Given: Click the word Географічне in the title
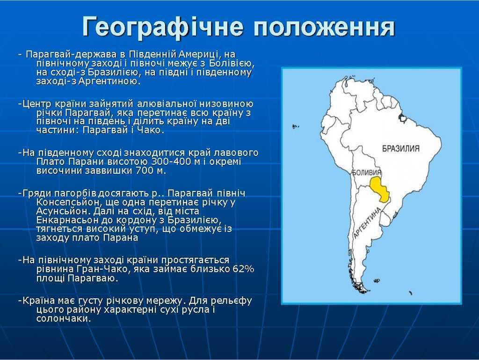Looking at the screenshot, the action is coord(163,27).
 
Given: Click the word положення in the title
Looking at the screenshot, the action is coord(325,27).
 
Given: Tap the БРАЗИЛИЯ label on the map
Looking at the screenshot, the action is coord(401,148).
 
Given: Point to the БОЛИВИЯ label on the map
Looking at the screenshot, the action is coord(366,172).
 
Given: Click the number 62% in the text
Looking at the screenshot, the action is coord(243,269).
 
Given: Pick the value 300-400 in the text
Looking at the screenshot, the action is coord(171,162).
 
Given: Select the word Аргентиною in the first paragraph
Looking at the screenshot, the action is coord(109,81).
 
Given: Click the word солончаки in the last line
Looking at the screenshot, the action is coord(64,319).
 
